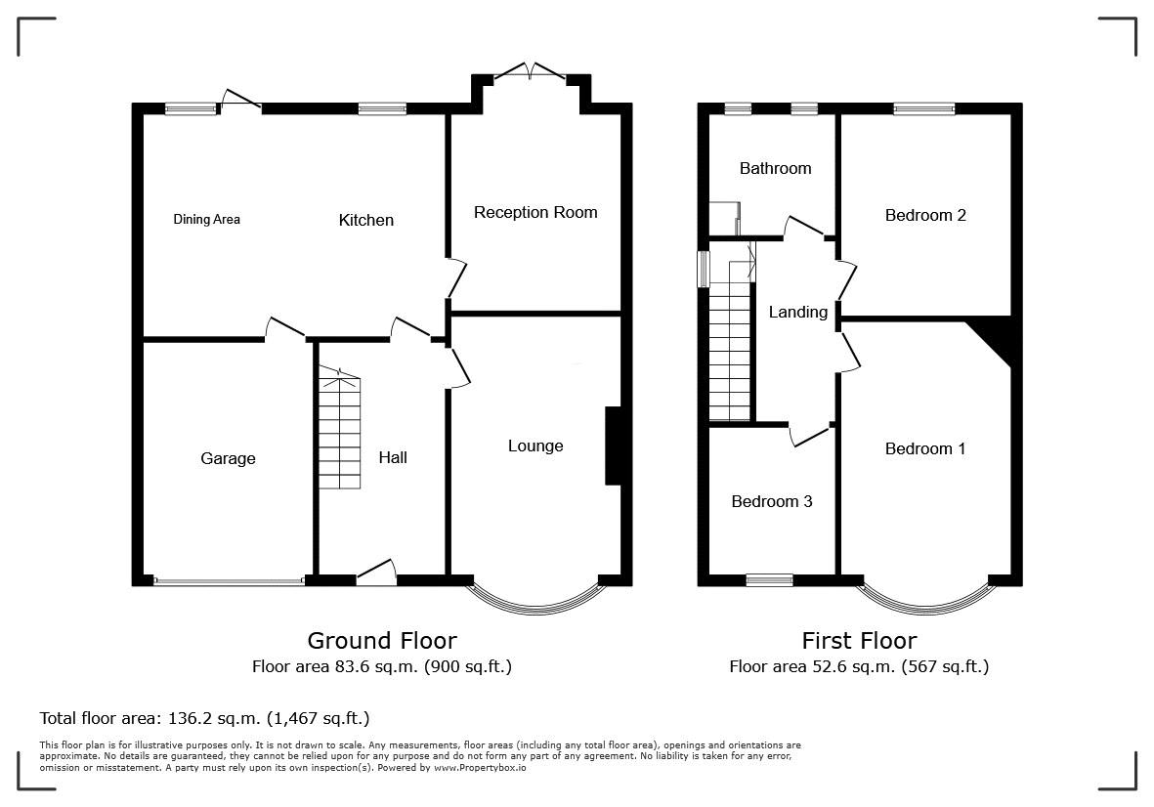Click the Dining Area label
click(x=206, y=219)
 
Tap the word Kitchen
click(x=365, y=220)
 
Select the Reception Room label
click(x=535, y=213)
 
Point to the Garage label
click(x=228, y=458)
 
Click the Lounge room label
click(x=535, y=446)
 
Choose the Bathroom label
click(x=776, y=168)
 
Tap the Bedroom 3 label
click(x=772, y=502)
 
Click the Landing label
click(x=798, y=312)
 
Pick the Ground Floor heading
click(x=382, y=640)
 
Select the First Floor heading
click(x=860, y=640)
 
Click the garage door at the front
click(x=229, y=581)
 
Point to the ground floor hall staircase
click(x=340, y=429)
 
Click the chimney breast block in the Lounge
click(x=613, y=446)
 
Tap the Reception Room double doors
click(x=530, y=70)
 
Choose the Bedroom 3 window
click(x=769, y=580)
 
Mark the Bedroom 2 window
click(x=924, y=108)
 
